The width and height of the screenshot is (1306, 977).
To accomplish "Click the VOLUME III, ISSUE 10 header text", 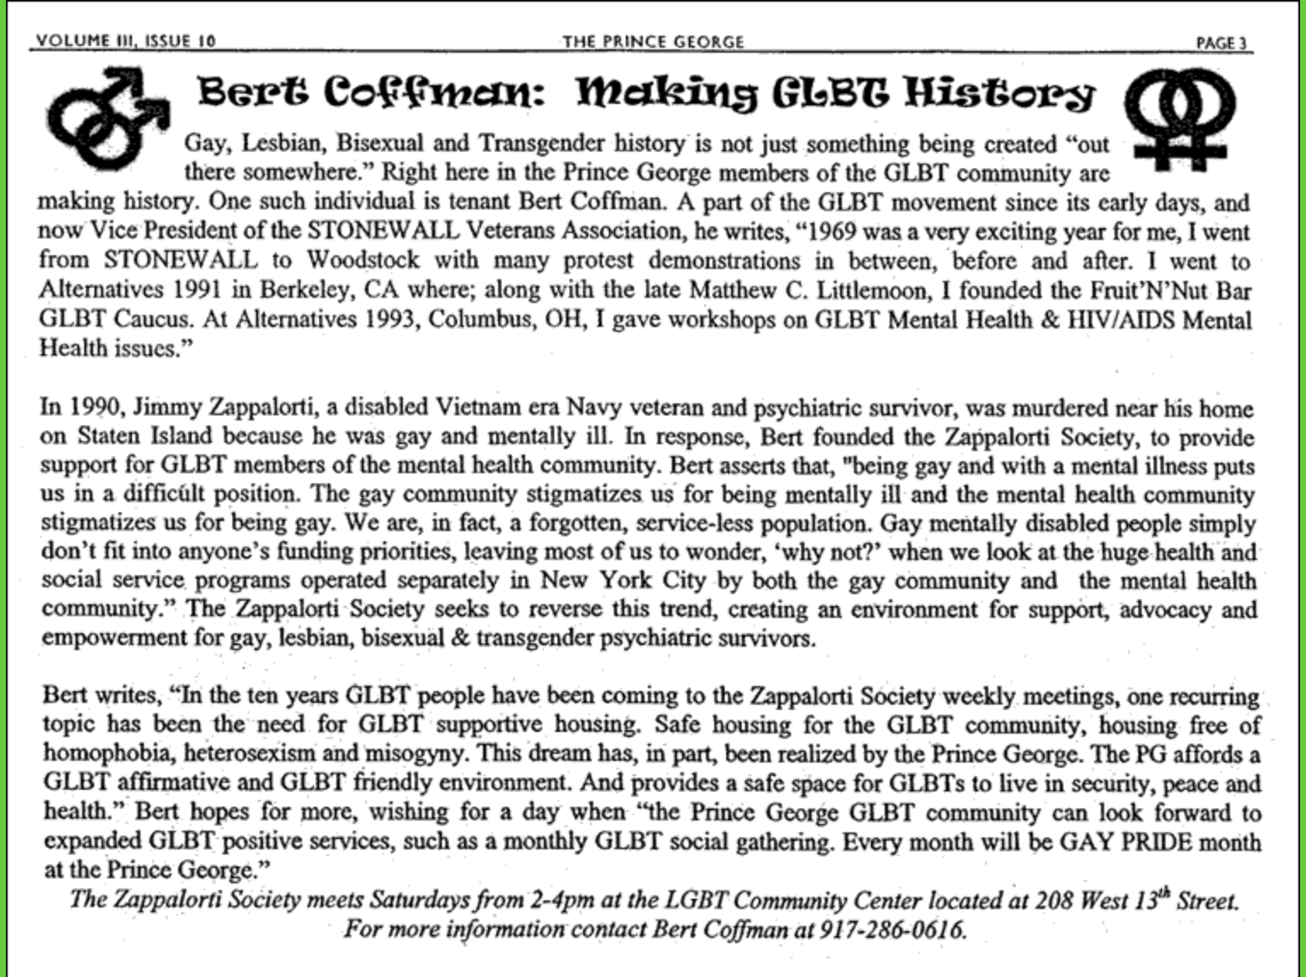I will (126, 40).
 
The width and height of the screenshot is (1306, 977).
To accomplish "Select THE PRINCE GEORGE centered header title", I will (653, 41).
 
